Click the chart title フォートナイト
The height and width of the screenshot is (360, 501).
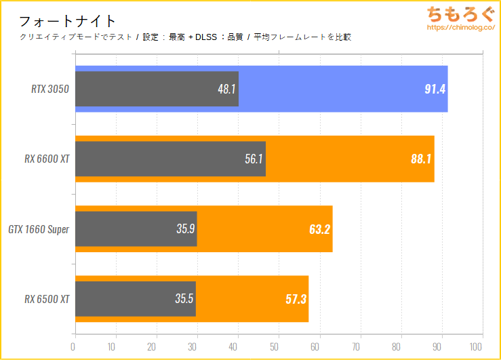tap(68, 20)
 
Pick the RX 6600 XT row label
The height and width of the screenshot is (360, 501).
tap(46, 159)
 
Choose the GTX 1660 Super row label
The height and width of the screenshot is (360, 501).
tap(39, 229)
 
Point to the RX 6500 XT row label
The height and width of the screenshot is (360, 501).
tap(46, 299)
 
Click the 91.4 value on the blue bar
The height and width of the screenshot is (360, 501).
tap(435, 89)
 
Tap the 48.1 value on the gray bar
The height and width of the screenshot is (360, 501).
tap(226, 89)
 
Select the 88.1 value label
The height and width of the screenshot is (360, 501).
tap(421, 159)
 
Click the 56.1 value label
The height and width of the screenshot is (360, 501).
tap(254, 159)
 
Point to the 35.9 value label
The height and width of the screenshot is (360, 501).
tap(186, 229)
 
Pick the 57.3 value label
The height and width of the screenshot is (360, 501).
tap(296, 299)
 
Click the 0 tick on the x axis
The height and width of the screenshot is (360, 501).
tap(73, 346)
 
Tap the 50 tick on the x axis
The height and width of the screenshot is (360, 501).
tap(279, 346)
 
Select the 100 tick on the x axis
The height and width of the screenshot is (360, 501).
tap(481, 346)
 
